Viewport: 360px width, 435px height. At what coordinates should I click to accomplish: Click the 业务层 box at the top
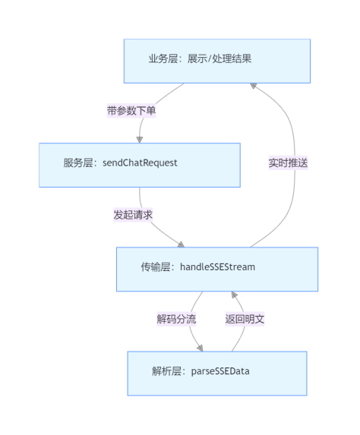pyautogui.click(x=216, y=61)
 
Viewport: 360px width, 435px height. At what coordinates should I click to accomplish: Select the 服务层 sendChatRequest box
pyautogui.click(x=140, y=164)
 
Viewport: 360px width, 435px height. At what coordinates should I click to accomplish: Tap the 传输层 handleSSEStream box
pyautogui.click(x=216, y=269)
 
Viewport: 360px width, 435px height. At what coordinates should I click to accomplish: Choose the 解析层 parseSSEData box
pyautogui.click(x=216, y=373)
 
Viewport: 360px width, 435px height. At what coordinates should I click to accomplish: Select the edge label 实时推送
pyautogui.click(x=288, y=163)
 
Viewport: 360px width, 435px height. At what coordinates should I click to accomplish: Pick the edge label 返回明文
pyautogui.click(x=245, y=319)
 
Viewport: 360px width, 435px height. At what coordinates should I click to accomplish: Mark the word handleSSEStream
pyautogui.click(x=217, y=267)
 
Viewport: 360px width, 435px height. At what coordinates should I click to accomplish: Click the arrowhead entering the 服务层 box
pyautogui.click(x=140, y=139)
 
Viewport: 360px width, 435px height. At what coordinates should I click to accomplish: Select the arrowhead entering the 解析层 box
pyautogui.click(x=201, y=347)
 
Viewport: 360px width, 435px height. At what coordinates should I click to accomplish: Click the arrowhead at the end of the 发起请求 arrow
pyautogui.click(x=181, y=243)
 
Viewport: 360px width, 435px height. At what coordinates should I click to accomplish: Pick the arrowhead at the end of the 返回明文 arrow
pyautogui.click(x=234, y=295)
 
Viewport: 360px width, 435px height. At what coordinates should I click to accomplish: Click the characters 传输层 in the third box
pyautogui.click(x=157, y=267)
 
